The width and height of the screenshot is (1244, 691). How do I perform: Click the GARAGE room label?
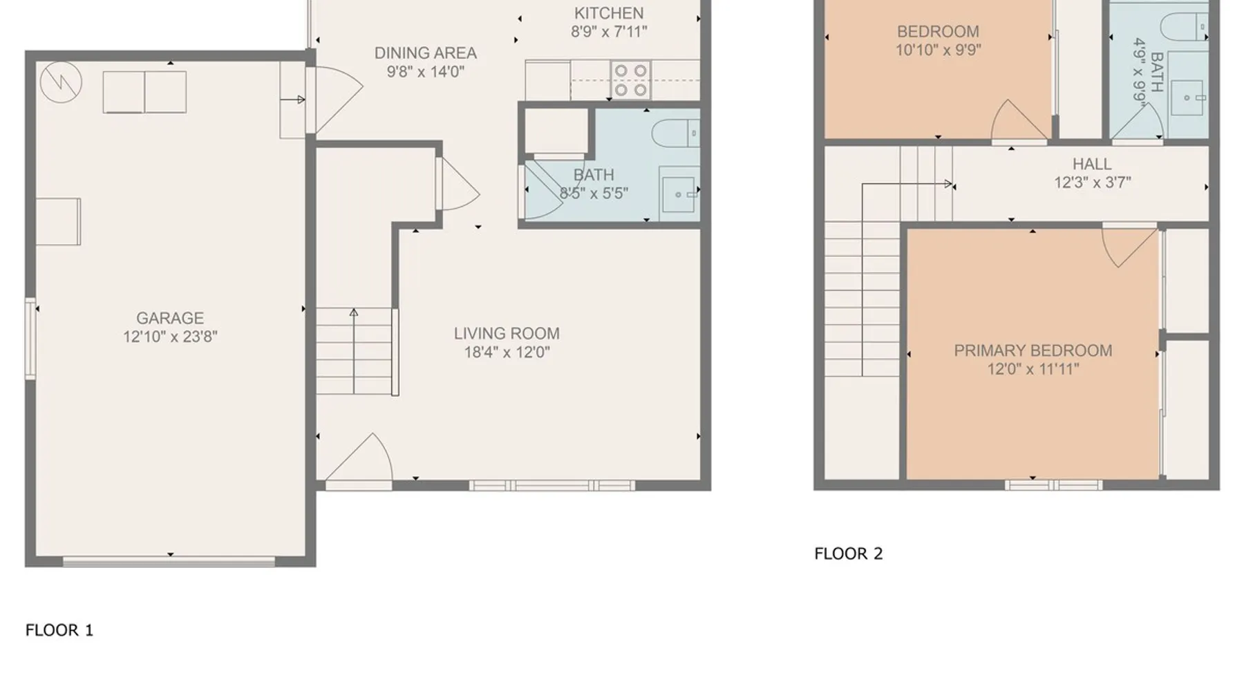click(x=170, y=319)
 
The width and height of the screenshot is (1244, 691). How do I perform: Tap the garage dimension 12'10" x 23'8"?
click(x=170, y=337)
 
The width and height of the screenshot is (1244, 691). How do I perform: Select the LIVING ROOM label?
click(x=507, y=334)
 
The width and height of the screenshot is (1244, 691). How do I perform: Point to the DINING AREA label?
click(x=425, y=53)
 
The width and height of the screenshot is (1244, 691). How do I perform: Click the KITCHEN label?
click(x=609, y=13)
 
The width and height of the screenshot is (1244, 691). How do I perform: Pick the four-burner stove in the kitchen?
click(x=631, y=80)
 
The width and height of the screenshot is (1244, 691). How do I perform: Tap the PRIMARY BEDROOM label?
click(x=1033, y=351)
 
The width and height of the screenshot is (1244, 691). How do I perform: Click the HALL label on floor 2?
click(x=1092, y=164)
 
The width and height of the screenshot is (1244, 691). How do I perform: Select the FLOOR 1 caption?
click(x=59, y=630)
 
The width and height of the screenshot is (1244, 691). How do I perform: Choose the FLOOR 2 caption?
click(x=849, y=553)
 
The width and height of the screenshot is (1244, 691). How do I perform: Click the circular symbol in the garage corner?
click(x=61, y=83)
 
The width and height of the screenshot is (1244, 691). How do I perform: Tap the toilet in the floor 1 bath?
click(x=676, y=133)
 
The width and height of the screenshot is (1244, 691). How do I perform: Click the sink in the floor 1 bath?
click(x=679, y=193)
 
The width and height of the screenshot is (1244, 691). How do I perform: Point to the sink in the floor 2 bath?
click(x=1188, y=97)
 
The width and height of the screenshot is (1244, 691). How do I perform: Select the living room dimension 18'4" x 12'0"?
click(x=507, y=352)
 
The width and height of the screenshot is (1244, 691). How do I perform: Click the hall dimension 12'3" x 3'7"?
click(x=1092, y=183)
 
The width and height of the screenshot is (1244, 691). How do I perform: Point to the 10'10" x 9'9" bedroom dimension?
click(x=938, y=50)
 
